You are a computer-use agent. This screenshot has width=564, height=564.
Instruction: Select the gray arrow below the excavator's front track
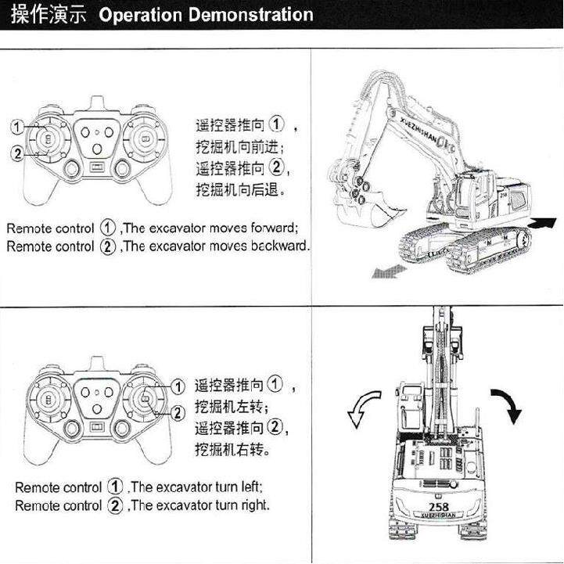click(389, 270)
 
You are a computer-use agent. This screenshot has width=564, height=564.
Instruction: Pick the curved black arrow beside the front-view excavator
click(506, 404)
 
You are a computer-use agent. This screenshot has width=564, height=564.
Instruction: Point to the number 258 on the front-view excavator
click(440, 507)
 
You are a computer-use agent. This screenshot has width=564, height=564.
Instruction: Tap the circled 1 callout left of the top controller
click(16, 126)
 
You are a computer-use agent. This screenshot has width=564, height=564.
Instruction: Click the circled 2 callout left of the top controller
click(16, 153)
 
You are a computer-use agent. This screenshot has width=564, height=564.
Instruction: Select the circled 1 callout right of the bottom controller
click(178, 385)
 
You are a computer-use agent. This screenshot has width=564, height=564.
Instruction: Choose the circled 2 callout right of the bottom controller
click(178, 412)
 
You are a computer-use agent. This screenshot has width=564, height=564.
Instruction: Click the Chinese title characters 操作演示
click(48, 15)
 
